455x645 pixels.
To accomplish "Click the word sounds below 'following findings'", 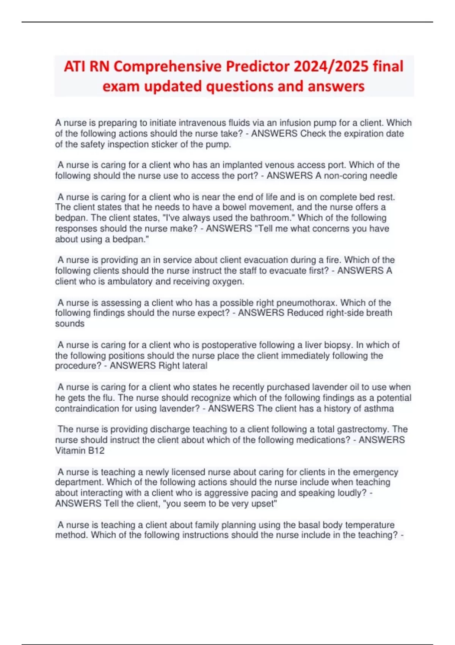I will pyautogui.click(x=70, y=324).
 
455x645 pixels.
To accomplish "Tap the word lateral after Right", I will pyautogui.click(x=195, y=366).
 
